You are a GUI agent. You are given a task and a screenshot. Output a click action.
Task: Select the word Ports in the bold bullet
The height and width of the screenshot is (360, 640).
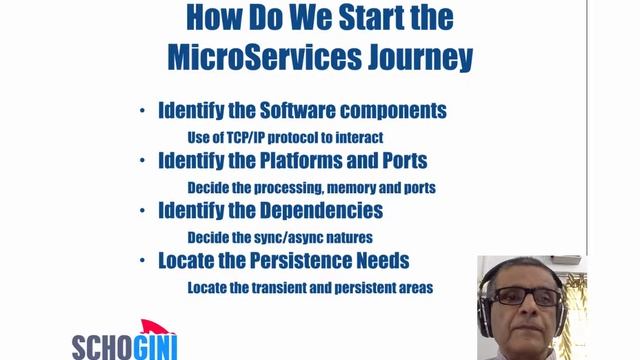point(403,160)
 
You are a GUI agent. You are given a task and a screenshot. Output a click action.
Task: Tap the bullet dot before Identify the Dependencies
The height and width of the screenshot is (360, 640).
point(144,211)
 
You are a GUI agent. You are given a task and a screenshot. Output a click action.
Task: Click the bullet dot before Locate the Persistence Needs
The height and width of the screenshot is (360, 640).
point(144,261)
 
